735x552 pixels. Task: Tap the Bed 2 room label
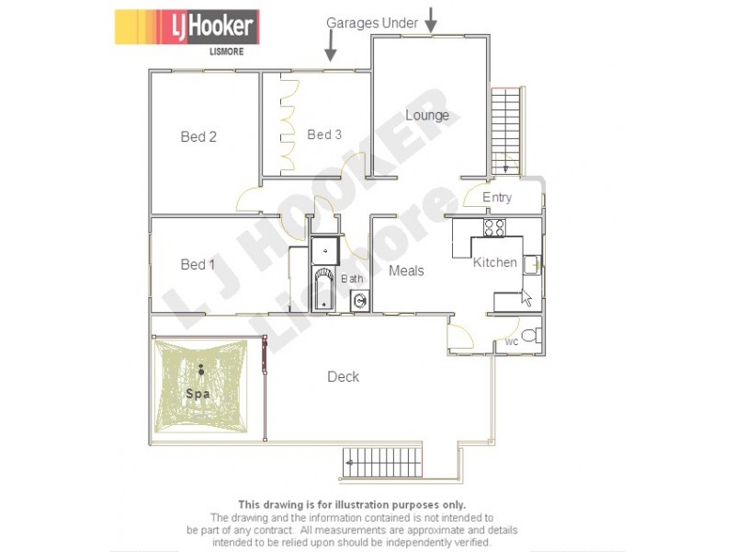click(198, 137)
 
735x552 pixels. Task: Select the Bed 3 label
click(324, 135)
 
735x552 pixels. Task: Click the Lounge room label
click(427, 115)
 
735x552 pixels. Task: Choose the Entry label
click(497, 198)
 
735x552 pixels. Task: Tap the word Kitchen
click(495, 263)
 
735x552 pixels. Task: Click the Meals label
click(406, 270)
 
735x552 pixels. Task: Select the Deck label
click(344, 376)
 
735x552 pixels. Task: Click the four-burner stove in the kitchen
click(494, 227)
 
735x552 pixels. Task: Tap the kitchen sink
click(532, 265)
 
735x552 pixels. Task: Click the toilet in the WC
click(531, 335)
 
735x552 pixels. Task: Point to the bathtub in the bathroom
click(324, 289)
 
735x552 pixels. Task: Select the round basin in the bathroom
click(360, 300)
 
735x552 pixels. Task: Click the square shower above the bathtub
click(325, 249)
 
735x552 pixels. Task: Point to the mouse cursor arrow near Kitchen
click(526, 297)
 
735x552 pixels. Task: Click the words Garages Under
click(372, 23)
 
